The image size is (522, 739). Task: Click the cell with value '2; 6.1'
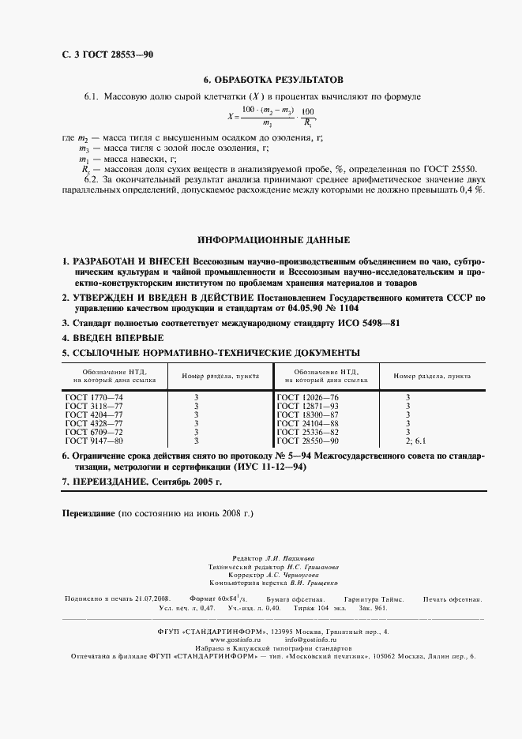pos(415,440)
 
